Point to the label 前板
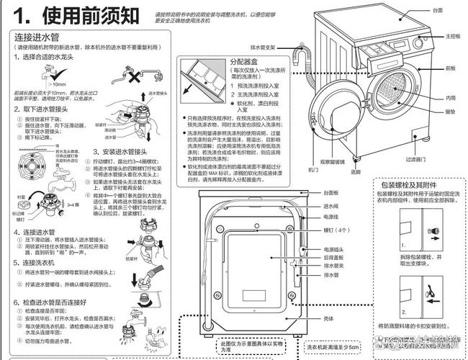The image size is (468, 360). tap(450, 68)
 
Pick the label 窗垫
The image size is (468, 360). tap(450, 112)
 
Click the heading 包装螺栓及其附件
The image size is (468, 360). tap(411, 184)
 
